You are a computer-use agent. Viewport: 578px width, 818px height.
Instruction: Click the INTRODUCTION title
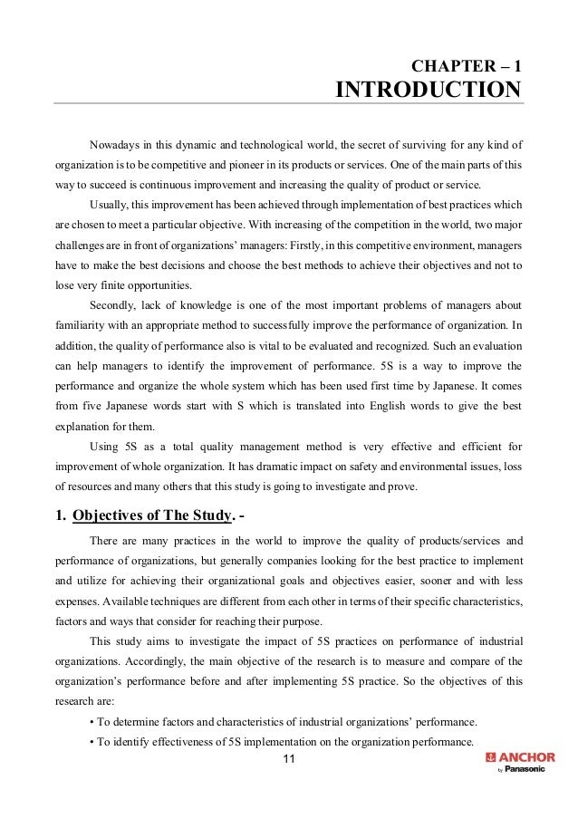[x=429, y=91]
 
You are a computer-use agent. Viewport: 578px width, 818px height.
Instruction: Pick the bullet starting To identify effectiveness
[x=283, y=744]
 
